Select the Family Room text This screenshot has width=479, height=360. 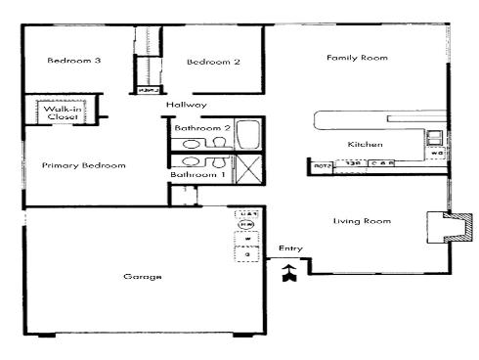tap(357, 58)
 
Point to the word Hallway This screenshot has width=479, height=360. tap(185, 105)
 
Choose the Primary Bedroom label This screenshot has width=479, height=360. tap(83, 165)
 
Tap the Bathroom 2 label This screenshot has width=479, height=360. tap(201, 127)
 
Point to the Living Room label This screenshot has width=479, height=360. tap(362, 221)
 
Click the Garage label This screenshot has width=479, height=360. tap(143, 277)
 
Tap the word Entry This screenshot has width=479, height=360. tap(290, 247)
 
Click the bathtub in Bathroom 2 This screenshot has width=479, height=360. tap(247, 132)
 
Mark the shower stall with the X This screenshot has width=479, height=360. tap(246, 169)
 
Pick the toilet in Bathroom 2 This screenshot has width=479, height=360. tap(217, 144)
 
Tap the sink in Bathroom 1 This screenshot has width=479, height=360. tap(192, 162)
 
